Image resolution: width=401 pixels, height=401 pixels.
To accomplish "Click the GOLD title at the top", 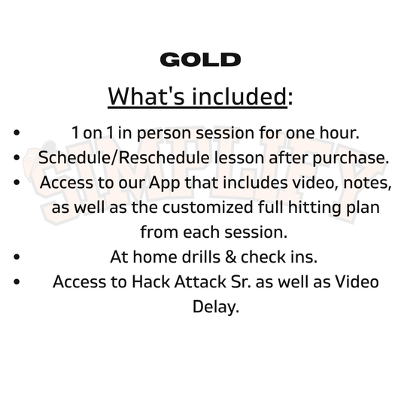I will click(x=200, y=60).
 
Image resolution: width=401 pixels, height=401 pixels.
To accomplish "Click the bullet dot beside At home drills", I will click(x=17, y=257).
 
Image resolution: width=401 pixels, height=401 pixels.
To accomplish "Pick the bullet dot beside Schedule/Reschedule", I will click(x=17, y=158).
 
